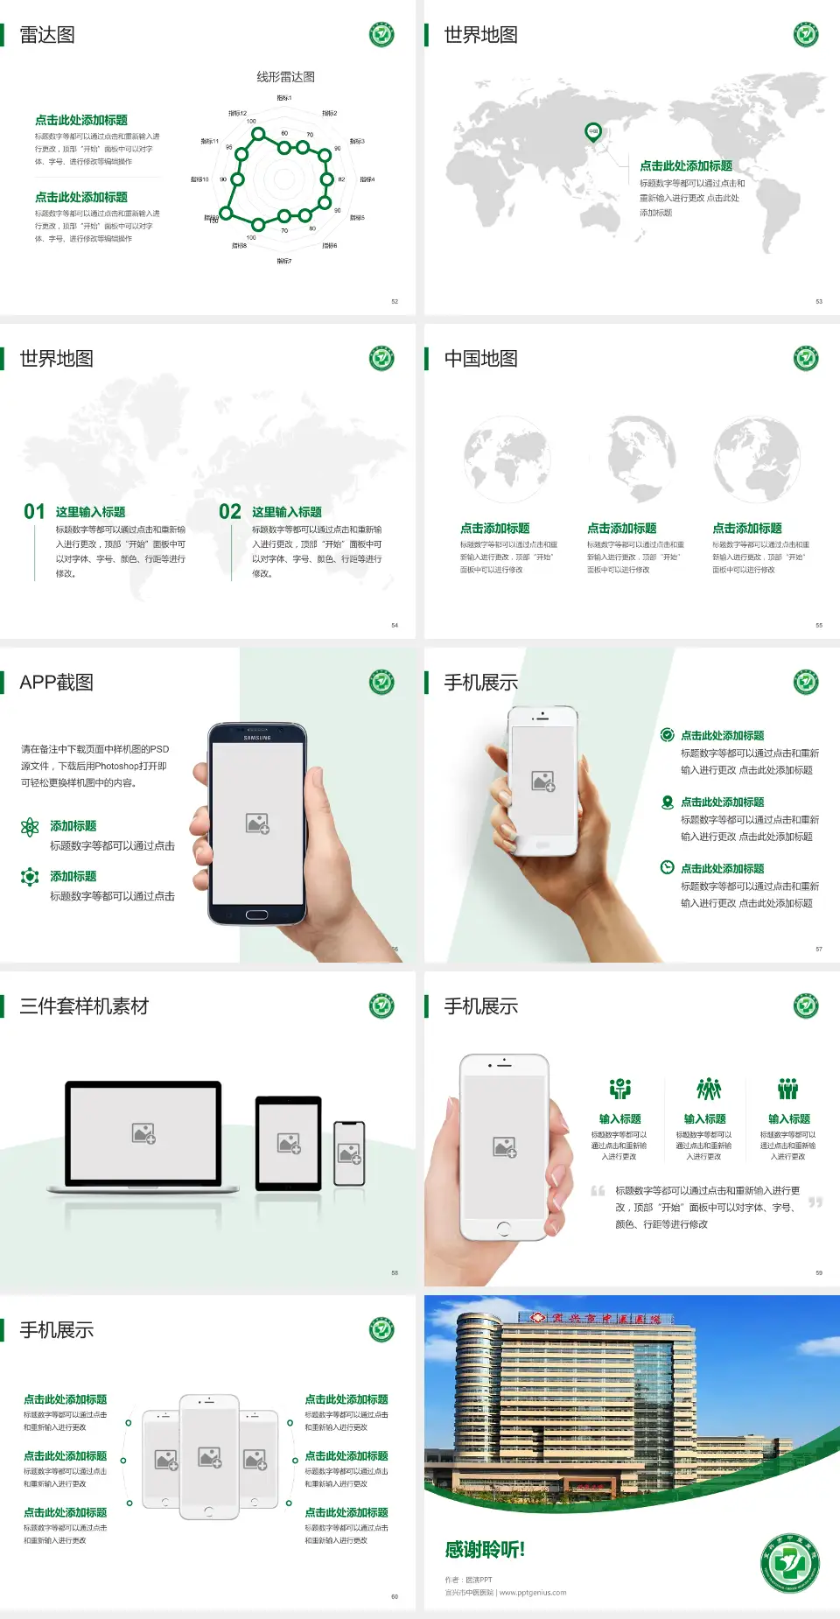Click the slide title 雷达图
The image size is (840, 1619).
(x=47, y=35)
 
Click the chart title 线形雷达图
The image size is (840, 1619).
(x=285, y=77)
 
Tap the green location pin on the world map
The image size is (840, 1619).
(x=592, y=132)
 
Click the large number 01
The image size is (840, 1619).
(x=34, y=512)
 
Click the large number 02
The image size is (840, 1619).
(x=230, y=512)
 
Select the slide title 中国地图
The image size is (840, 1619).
(x=480, y=359)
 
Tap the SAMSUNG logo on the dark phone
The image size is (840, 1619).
(x=257, y=738)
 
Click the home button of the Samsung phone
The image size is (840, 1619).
(x=256, y=915)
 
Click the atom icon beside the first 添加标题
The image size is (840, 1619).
(x=30, y=827)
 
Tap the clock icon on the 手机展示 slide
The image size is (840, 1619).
(x=667, y=867)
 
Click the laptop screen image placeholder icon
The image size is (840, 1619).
(x=143, y=1133)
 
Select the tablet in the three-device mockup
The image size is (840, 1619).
(x=289, y=1142)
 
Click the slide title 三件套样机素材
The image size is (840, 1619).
(x=84, y=1006)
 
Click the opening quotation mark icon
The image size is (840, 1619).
(x=598, y=1191)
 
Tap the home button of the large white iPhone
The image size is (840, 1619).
(x=503, y=1228)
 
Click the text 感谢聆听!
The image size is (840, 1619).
(x=485, y=1550)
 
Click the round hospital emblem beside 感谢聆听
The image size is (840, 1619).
(x=790, y=1563)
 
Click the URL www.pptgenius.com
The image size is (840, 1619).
(x=532, y=1593)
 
